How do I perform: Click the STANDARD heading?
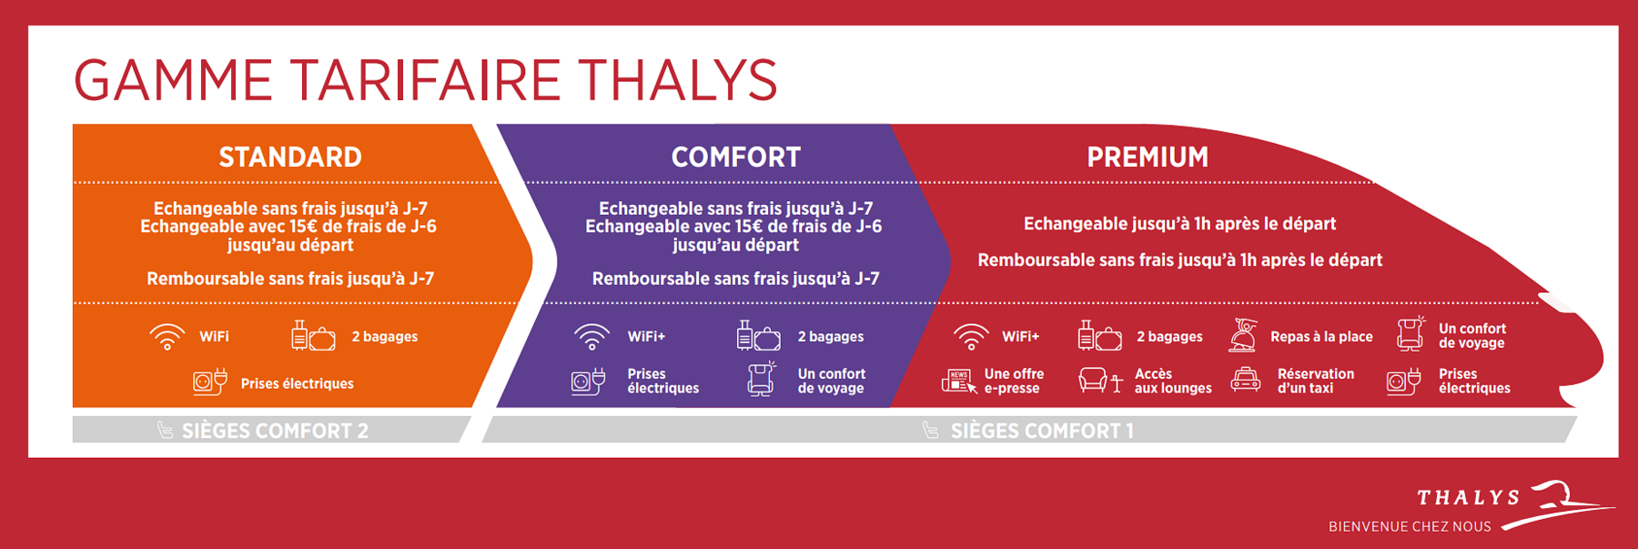tap(290, 158)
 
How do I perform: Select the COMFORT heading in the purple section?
tap(736, 158)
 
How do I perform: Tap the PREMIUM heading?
tap(1148, 158)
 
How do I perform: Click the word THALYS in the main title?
tap(678, 80)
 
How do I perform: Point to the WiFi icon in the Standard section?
tap(167, 337)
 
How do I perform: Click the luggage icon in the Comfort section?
tap(758, 336)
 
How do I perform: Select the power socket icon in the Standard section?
tap(210, 381)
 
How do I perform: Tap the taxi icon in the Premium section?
tap(1245, 380)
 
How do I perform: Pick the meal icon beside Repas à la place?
tap(1243, 335)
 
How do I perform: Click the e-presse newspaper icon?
tap(959, 381)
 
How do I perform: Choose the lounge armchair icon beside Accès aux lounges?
tap(1100, 381)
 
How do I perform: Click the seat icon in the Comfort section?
tap(761, 379)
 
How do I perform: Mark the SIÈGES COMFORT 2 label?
tap(275, 431)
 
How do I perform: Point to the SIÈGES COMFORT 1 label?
tap(1042, 431)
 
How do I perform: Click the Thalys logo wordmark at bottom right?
tap(1469, 497)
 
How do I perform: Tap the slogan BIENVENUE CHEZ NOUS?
tap(1410, 527)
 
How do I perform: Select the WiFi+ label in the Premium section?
tap(1020, 337)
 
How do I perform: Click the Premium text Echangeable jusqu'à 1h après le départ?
tap(1179, 224)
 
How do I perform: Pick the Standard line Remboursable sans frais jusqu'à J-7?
tap(290, 279)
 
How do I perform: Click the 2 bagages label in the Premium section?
tap(1169, 337)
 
